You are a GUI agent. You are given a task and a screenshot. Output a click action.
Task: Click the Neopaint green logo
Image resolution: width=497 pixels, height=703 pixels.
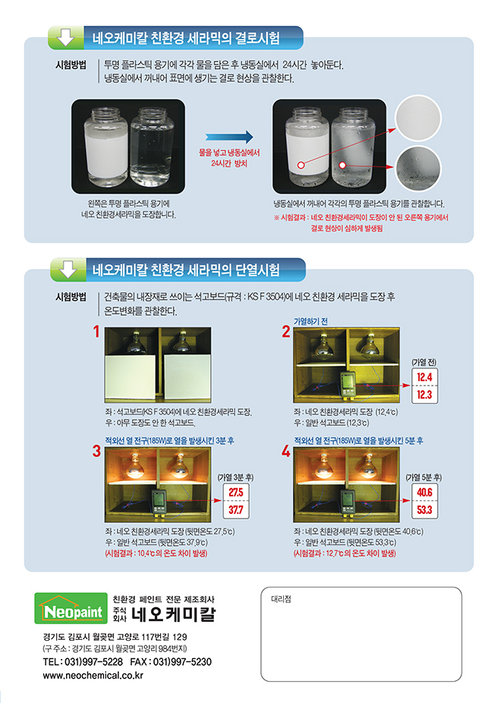(71, 608)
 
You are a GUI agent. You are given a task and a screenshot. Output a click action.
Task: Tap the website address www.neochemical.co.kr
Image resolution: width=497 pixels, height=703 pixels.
(93, 676)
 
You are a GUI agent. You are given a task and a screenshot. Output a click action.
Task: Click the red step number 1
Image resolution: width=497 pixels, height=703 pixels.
(96, 332)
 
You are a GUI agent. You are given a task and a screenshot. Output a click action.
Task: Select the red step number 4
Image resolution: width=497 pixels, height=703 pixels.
(285, 452)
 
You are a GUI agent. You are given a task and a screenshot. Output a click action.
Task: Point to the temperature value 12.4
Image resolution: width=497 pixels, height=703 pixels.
(424, 377)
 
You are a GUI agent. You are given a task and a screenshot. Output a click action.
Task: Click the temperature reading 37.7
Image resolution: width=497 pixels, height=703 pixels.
(236, 509)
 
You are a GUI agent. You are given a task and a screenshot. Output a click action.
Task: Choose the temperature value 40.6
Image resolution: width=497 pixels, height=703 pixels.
(424, 492)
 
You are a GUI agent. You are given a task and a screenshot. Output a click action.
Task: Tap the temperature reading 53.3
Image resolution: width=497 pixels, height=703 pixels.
(424, 509)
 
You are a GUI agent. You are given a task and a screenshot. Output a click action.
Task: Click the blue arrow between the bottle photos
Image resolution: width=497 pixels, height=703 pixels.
(229, 137)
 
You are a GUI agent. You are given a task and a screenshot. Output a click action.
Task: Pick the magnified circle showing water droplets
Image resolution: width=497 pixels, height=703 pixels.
(419, 169)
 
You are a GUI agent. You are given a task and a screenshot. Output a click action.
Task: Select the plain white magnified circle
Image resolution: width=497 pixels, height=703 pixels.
(418, 118)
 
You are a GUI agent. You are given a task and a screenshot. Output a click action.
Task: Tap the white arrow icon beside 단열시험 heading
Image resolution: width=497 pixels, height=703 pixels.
(68, 270)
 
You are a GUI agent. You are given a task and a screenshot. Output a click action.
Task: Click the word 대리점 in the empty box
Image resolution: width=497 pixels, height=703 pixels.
(281, 599)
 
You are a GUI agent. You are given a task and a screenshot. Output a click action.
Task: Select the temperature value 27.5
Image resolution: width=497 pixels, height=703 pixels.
(236, 492)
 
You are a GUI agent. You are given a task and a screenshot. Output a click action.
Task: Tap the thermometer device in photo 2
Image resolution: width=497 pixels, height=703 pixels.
(348, 384)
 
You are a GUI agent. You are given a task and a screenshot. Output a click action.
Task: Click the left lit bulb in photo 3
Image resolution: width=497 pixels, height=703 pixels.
(134, 465)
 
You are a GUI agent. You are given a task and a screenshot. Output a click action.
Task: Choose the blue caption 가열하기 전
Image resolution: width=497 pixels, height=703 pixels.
(310, 321)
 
